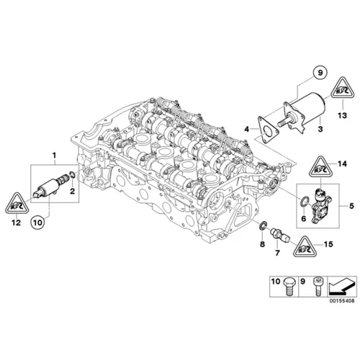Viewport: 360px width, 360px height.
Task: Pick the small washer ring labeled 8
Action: [264, 228]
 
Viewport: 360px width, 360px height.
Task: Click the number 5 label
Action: [351, 207]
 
